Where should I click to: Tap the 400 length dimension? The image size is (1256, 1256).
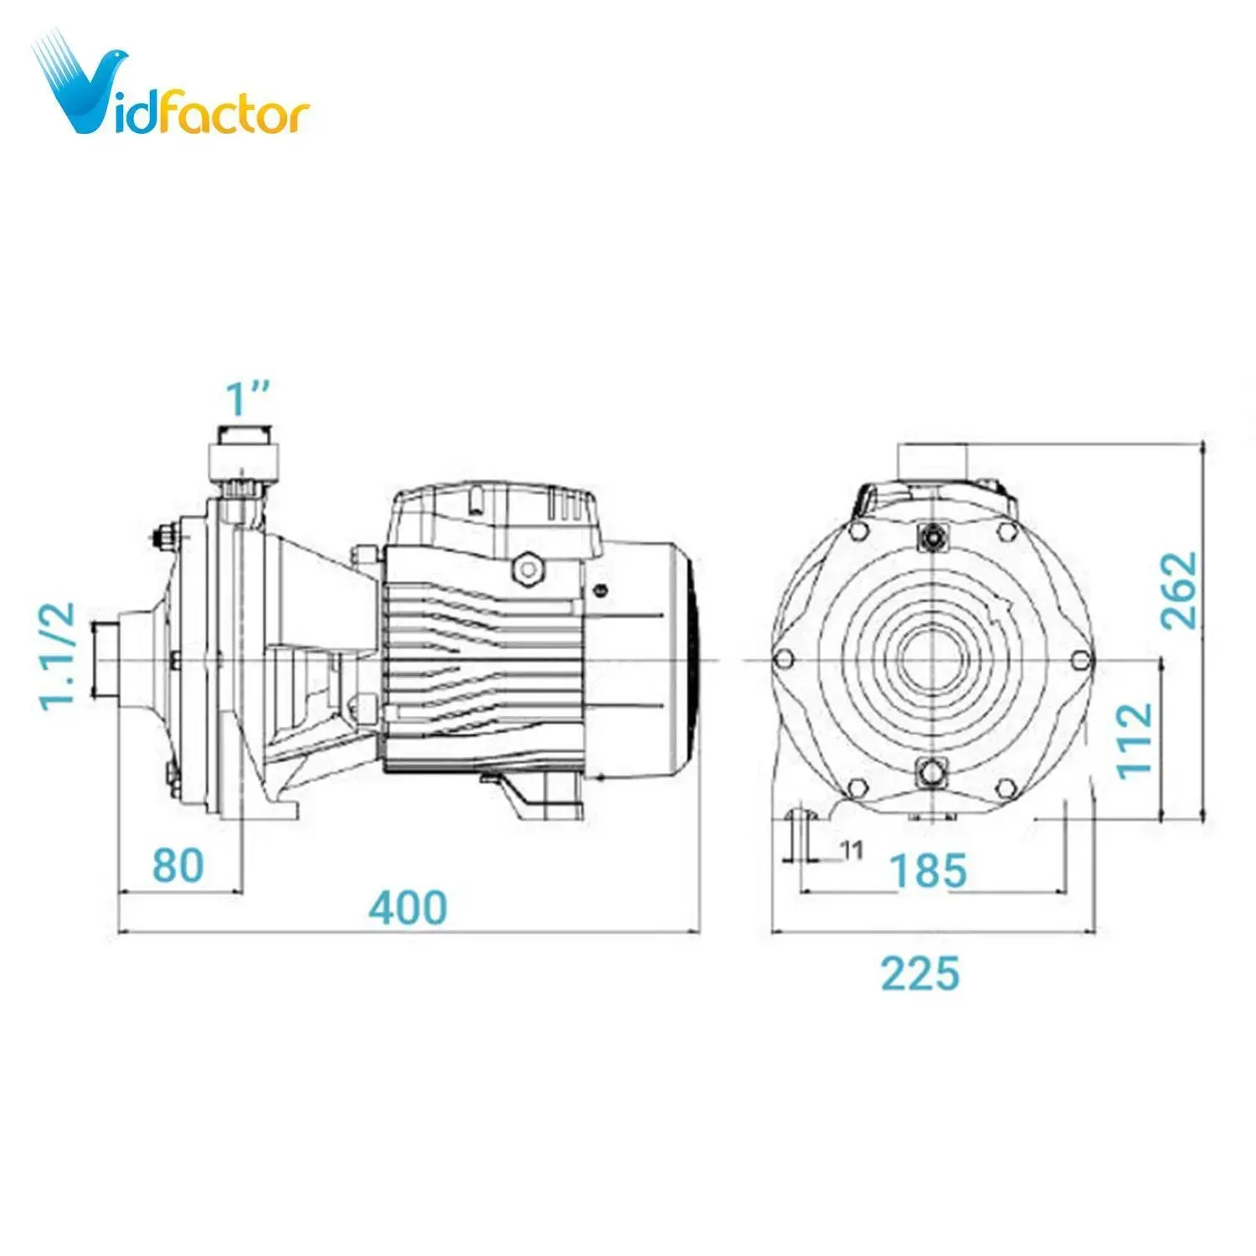pyautogui.click(x=408, y=908)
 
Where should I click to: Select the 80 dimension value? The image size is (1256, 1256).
pyautogui.click(x=178, y=866)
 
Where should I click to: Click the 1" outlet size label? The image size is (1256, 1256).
pyautogui.click(x=249, y=399)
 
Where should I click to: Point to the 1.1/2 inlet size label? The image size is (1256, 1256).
pyautogui.click(x=59, y=656)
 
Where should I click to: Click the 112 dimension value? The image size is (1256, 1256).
pyautogui.click(x=1135, y=740)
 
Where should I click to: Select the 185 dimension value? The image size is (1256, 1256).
pyautogui.click(x=928, y=870)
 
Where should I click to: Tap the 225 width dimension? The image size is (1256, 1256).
pyautogui.click(x=919, y=973)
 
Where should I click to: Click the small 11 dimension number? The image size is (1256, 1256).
pyautogui.click(x=851, y=851)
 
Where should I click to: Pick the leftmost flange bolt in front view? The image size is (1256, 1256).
pyautogui.click(x=785, y=660)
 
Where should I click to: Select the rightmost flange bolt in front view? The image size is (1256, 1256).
pyautogui.click(x=1080, y=660)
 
